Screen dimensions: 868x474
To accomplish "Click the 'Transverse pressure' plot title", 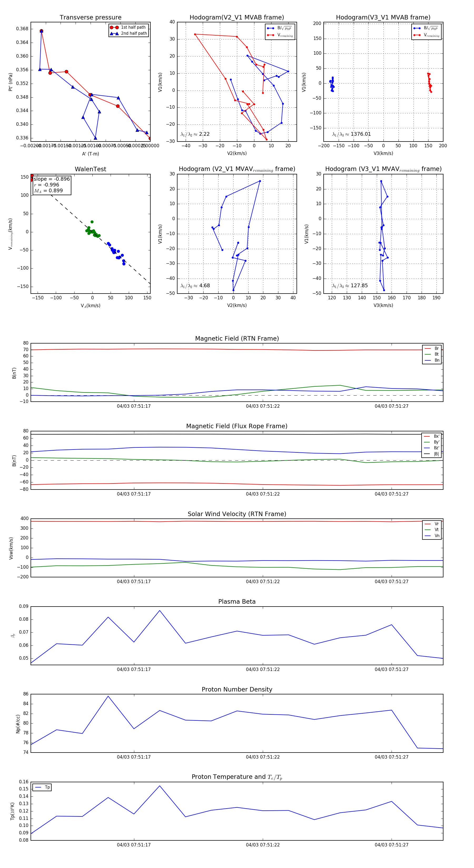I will [x=90, y=18].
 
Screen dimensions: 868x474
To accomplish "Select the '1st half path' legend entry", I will [x=133, y=27].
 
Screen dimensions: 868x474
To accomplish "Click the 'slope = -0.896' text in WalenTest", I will [x=52, y=179].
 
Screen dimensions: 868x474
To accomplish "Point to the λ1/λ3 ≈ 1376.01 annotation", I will [x=352, y=134].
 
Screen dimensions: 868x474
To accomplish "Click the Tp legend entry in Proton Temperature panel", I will [x=47, y=787].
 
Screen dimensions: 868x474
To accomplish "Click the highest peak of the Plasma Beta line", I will [x=160, y=610].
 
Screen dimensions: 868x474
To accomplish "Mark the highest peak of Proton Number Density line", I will [x=108, y=696].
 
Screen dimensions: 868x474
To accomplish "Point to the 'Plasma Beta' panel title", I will [x=237, y=602].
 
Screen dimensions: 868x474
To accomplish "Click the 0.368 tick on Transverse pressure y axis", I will [x=22, y=29].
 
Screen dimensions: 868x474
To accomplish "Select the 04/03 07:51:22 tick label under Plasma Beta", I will [x=263, y=669].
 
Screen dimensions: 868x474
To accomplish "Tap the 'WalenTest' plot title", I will [x=90, y=169].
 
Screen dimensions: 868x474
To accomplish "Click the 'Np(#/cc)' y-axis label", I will [x=18, y=724].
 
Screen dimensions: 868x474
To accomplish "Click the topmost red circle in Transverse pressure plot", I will [x=41, y=31].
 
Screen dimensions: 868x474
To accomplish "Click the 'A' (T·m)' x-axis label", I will [x=90, y=154].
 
